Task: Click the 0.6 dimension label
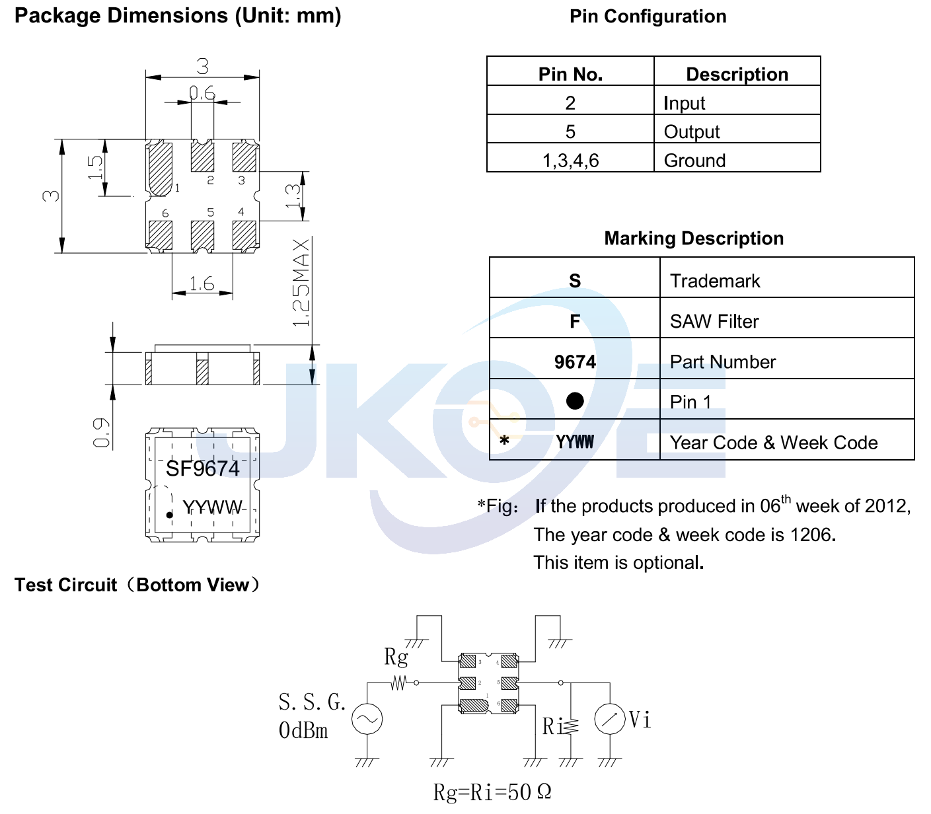(x=202, y=93)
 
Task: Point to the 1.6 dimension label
(x=202, y=284)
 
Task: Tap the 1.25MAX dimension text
(x=301, y=282)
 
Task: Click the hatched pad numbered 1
(x=160, y=168)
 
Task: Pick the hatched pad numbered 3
(x=244, y=157)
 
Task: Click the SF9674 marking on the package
(x=202, y=468)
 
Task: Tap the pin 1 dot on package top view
(x=169, y=515)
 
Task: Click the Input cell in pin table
(x=685, y=103)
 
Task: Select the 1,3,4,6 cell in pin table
(x=570, y=161)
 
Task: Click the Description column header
(x=737, y=74)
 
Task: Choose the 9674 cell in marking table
(x=575, y=361)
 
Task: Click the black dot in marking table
(x=575, y=400)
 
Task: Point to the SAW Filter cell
(x=714, y=321)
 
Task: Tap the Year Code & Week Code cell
(x=774, y=443)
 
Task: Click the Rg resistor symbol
(x=398, y=683)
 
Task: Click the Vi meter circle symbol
(x=609, y=719)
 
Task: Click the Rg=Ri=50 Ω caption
(x=492, y=792)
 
